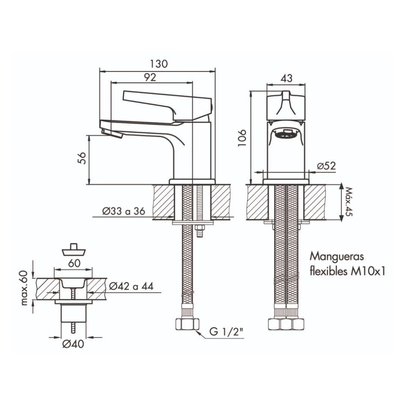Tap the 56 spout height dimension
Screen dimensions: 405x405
coord(81,158)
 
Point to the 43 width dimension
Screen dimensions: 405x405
coord(286,78)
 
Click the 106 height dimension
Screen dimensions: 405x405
coord(242,138)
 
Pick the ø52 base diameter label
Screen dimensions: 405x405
coord(327,166)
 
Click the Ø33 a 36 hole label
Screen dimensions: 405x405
coord(124,211)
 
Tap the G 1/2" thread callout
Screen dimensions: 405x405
coord(226,331)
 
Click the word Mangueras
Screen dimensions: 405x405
coord(336,257)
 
